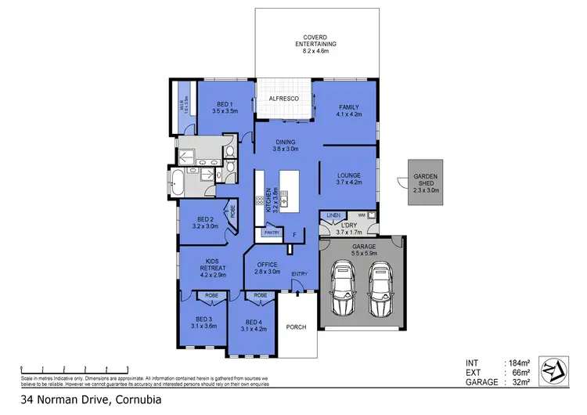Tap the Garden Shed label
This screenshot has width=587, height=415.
[427, 183]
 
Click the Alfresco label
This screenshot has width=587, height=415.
[283, 99]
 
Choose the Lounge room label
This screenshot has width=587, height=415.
[348, 179]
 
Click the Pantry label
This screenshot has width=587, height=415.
[272, 233]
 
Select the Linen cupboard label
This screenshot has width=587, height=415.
[333, 215]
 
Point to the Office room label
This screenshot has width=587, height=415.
[268, 268]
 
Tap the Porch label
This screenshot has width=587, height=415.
[297, 327]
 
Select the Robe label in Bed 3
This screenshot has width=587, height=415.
[211, 296]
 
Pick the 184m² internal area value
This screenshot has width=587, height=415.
[519, 362]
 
